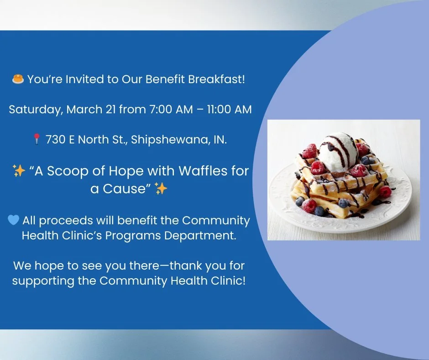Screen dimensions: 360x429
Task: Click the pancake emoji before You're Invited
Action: [x=18, y=79]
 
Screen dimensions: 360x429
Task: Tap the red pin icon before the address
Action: [x=37, y=139]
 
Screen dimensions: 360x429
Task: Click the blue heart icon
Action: [x=14, y=220]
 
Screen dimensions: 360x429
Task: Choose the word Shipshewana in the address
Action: [x=168, y=140]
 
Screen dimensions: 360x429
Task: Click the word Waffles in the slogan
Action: [x=204, y=171]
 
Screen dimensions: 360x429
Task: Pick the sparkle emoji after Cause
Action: [x=161, y=188]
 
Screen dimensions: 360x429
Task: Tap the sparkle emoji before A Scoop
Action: [x=19, y=172]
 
